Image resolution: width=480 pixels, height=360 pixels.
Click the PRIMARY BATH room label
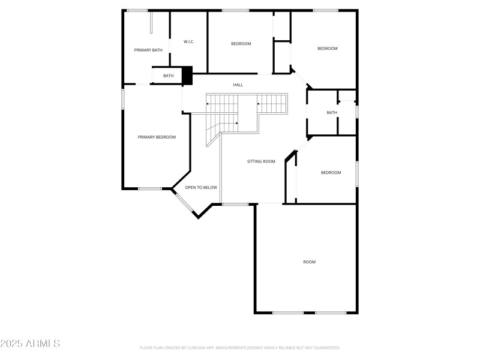point(148,50)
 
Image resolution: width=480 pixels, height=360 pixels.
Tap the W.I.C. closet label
point(188,41)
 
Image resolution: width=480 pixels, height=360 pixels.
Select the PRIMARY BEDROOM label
point(157,137)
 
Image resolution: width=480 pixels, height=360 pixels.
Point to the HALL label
point(238,85)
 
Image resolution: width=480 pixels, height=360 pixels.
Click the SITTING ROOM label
point(261,161)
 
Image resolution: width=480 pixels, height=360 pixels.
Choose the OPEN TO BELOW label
point(201,188)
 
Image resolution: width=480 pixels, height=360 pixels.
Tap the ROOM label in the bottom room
point(309,262)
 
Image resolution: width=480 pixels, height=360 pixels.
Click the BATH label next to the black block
point(168,76)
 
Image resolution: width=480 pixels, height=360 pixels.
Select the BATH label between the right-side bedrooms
point(332,113)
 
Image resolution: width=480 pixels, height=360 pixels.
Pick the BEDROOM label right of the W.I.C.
point(241,44)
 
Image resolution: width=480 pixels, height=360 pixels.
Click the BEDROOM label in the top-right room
point(328,49)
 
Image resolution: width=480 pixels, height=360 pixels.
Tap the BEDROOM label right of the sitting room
point(331,173)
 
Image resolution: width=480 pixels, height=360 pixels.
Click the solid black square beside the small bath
point(187,75)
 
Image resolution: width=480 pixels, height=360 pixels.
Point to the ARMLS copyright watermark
point(30,344)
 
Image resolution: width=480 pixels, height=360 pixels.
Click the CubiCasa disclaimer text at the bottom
point(240,347)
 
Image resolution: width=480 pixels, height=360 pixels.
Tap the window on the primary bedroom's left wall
point(123,98)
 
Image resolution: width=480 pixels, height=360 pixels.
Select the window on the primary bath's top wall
point(137,10)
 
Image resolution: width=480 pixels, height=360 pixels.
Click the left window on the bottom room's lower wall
point(287,313)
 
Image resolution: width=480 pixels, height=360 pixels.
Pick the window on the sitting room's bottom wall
point(235,205)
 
